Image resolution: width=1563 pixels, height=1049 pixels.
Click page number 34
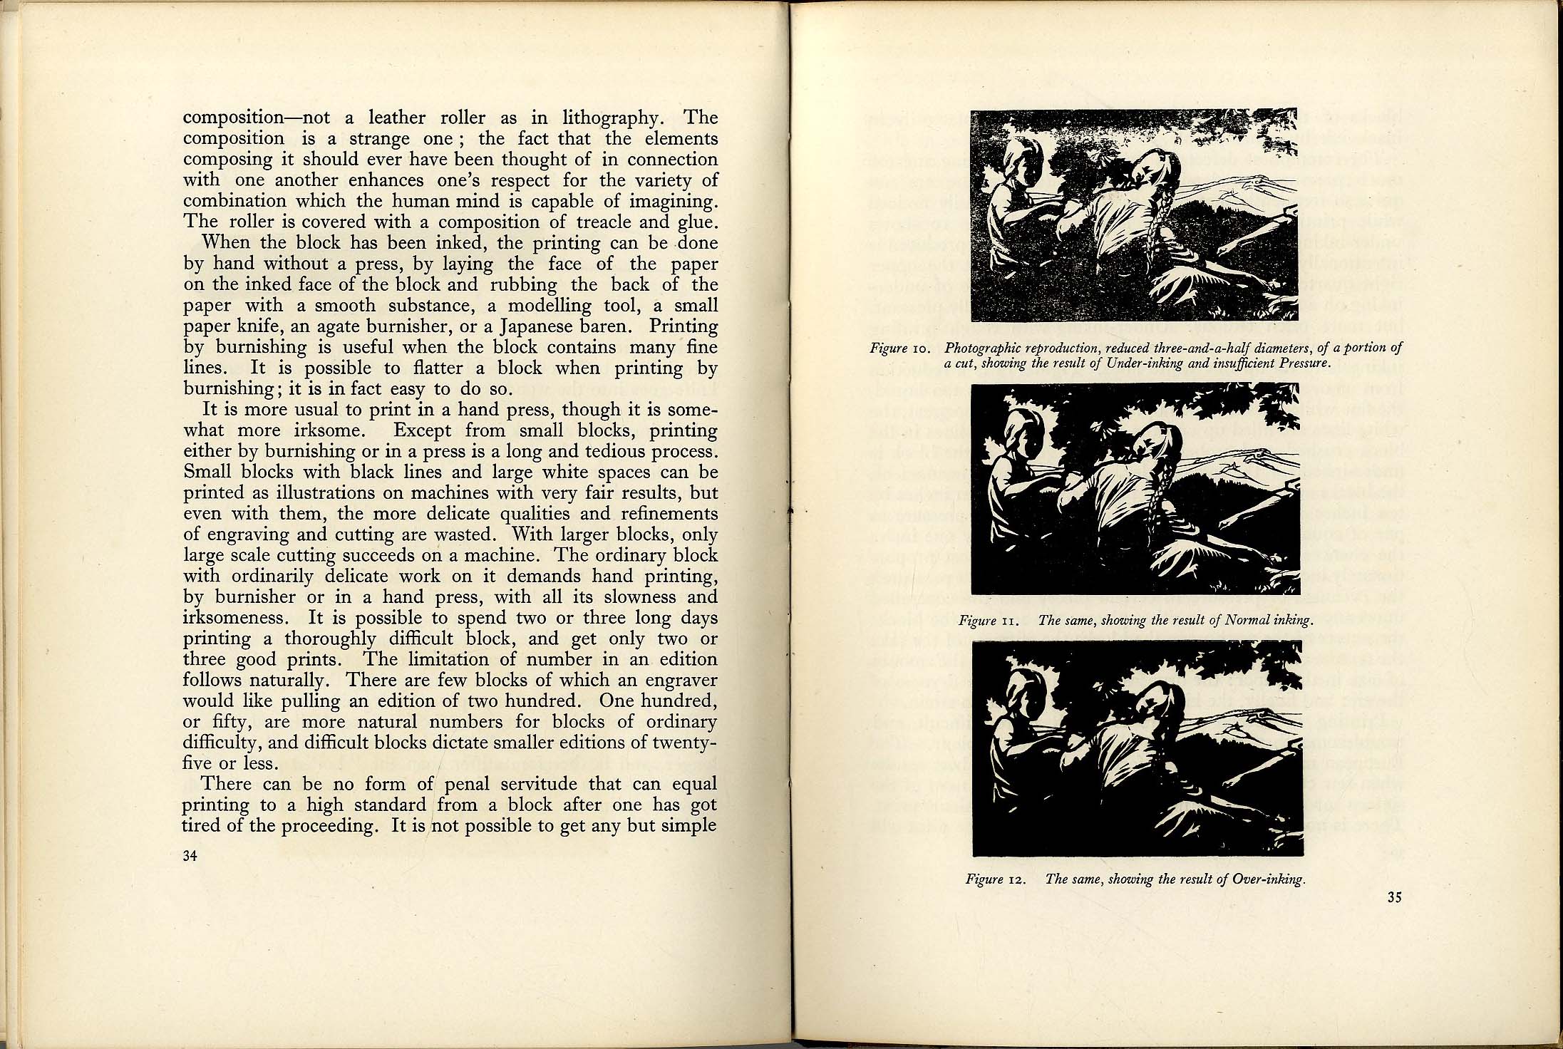tap(190, 857)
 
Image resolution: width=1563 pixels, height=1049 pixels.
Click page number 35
tap(1395, 898)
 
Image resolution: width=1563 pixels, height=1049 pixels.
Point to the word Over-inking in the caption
tap(1271, 879)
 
